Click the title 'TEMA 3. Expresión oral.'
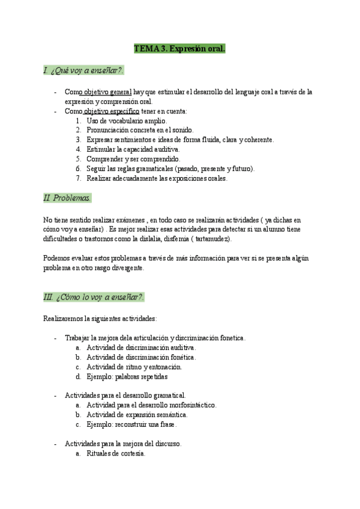tap(179, 49)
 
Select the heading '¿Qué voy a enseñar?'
tap(88, 71)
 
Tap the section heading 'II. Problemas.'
tap(67, 197)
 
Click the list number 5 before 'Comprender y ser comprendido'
tap(79, 159)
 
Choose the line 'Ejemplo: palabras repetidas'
tap(127, 376)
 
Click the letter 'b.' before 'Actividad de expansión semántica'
tap(79, 415)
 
